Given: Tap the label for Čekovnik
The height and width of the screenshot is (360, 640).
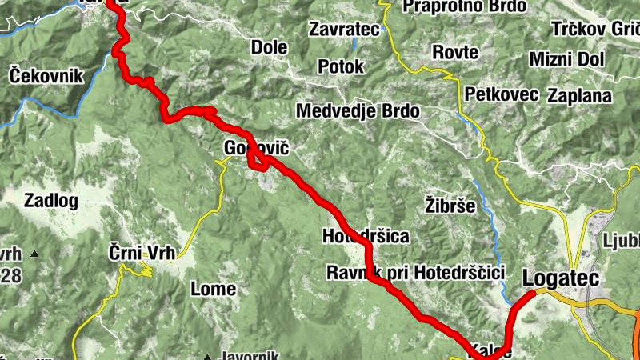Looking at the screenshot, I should click(46, 76).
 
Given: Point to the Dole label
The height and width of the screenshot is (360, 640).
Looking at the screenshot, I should click(269, 46).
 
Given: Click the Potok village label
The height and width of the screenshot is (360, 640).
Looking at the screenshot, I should click(341, 66).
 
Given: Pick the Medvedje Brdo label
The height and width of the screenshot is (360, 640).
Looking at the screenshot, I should click(358, 111).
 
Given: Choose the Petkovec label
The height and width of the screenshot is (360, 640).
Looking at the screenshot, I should click(501, 95).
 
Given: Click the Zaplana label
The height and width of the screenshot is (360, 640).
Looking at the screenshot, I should click(579, 96).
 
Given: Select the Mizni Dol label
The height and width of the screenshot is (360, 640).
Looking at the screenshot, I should click(567, 59).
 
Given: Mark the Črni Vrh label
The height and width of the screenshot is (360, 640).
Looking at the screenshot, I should click(142, 254).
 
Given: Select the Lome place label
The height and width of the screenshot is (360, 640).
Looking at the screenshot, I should click(213, 288).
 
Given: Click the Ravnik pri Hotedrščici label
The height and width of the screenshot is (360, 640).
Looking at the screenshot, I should click(415, 273).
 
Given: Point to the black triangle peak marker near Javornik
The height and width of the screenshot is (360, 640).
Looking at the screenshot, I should click(206, 357).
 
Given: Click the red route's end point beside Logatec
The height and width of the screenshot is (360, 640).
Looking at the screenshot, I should click(532, 294).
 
